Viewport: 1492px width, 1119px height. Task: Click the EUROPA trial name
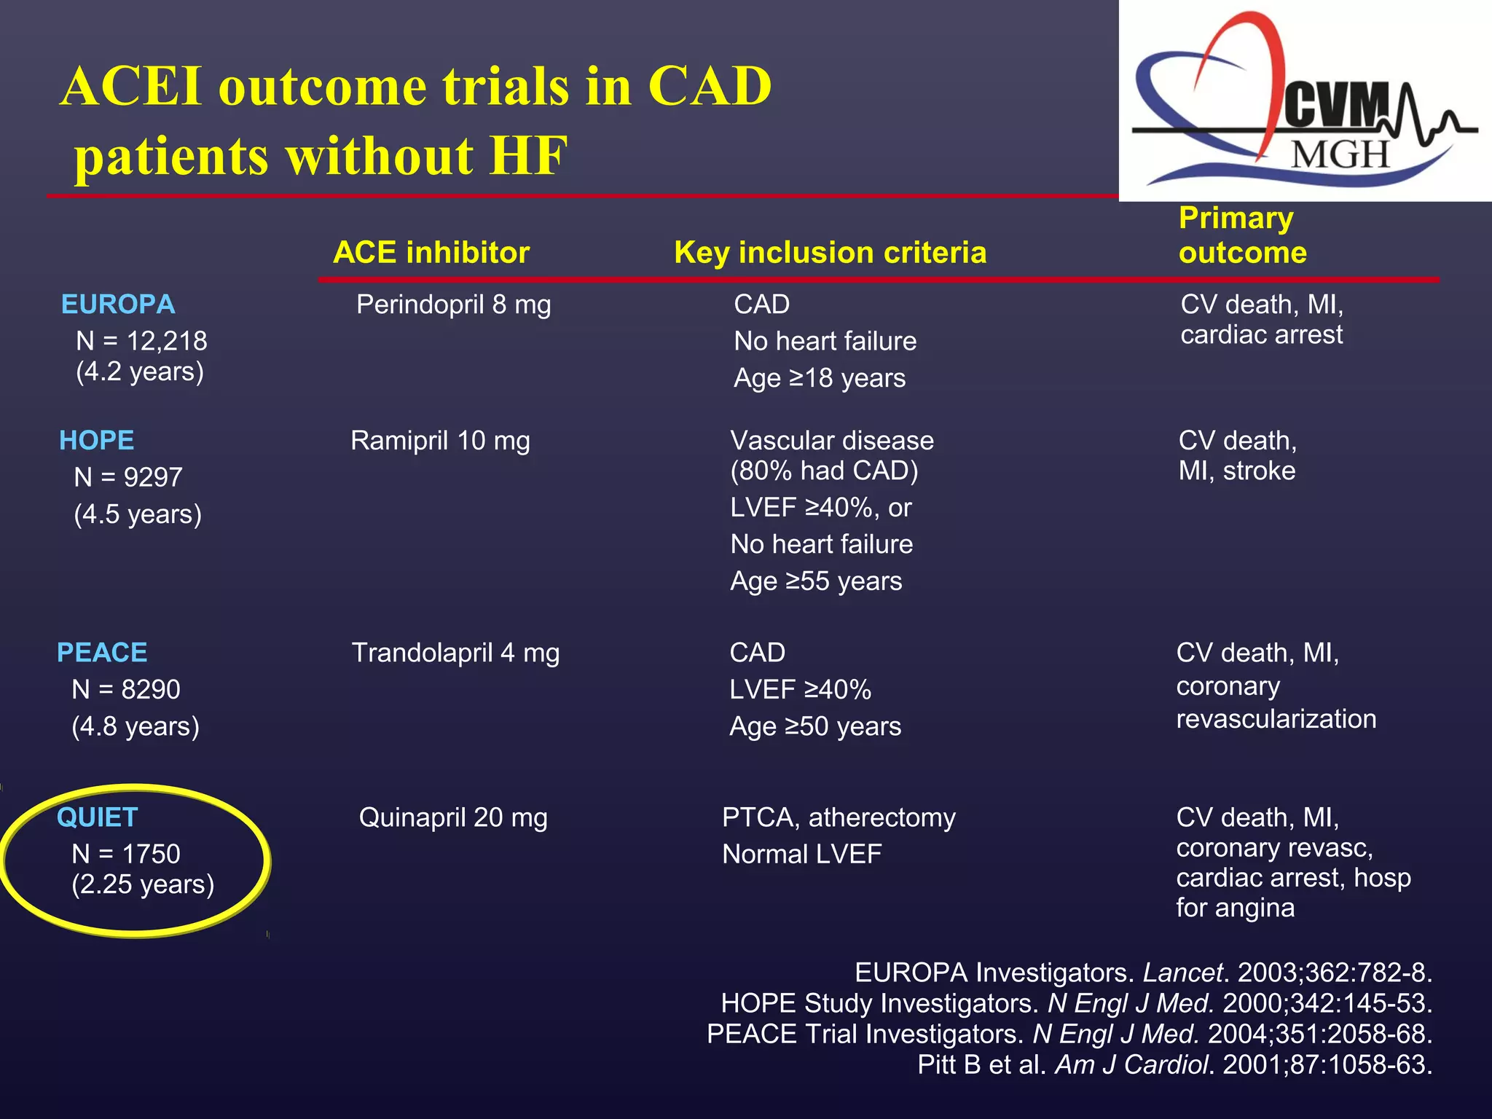[x=118, y=304]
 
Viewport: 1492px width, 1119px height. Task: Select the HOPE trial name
[x=96, y=440]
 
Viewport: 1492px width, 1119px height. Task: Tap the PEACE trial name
[x=102, y=652]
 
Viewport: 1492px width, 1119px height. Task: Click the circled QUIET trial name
[x=97, y=817]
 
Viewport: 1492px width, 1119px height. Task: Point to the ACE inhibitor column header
[x=431, y=253]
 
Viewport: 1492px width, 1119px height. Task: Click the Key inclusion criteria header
[x=830, y=253]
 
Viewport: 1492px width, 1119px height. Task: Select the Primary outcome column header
[x=1242, y=235]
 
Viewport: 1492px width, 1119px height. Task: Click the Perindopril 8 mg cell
[x=453, y=305]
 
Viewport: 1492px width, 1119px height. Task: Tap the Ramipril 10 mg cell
[x=440, y=441]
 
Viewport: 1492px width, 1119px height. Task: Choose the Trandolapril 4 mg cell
[x=455, y=653]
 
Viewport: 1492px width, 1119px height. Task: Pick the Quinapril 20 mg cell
[x=452, y=817]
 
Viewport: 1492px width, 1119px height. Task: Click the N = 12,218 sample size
[x=141, y=341]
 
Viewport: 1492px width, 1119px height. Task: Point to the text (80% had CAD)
[x=824, y=471]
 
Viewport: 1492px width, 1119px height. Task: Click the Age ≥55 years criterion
[x=816, y=581]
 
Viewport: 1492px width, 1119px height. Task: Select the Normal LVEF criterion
[x=801, y=854]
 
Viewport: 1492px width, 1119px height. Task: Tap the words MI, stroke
[x=1236, y=471]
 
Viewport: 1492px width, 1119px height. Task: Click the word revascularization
[x=1276, y=719]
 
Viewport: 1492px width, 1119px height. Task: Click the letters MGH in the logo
[x=1340, y=154]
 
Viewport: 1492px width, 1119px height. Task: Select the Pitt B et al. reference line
[x=1174, y=1064]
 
